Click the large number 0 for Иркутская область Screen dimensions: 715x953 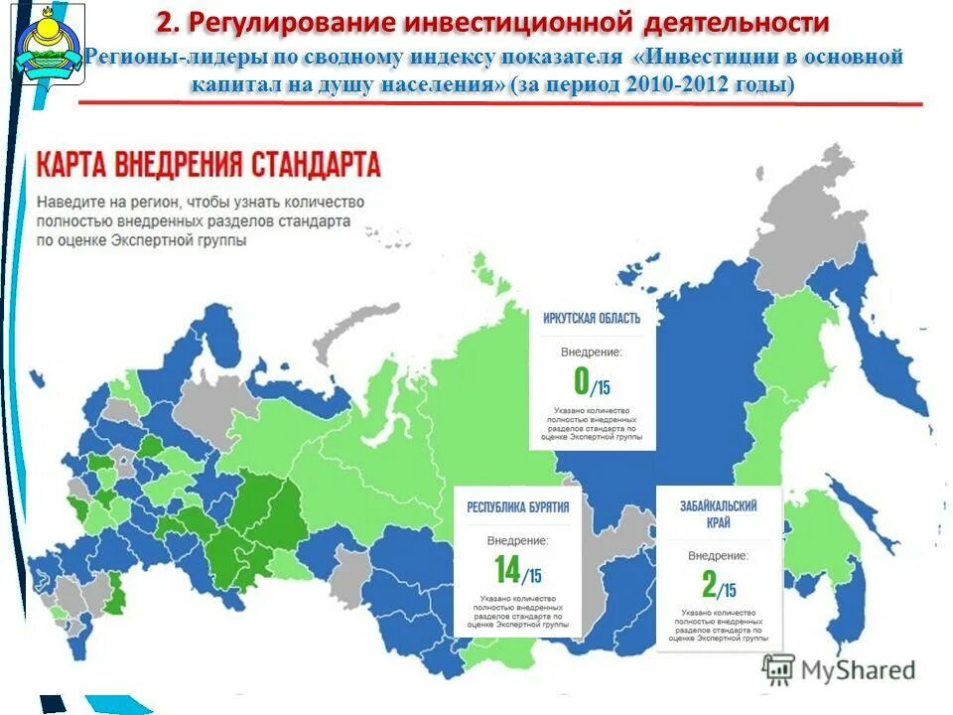[x=582, y=381]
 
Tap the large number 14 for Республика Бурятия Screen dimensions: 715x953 [x=507, y=569]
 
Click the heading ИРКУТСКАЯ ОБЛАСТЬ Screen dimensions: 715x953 [x=592, y=319]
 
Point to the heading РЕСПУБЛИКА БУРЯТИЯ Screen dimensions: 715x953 [x=518, y=507]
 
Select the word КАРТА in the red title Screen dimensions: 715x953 [x=78, y=163]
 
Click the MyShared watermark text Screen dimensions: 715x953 [x=860, y=670]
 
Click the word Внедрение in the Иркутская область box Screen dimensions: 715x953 [x=592, y=352]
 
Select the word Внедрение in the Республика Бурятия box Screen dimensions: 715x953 [x=517, y=540]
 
